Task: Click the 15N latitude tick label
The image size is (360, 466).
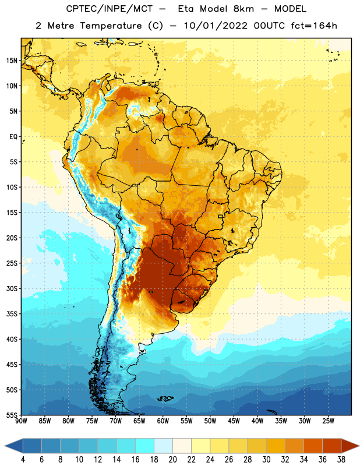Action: tap(12, 61)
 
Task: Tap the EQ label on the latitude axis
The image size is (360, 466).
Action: tap(13, 137)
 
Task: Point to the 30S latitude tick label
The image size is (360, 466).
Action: tap(12, 288)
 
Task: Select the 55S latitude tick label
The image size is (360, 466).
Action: tap(12, 415)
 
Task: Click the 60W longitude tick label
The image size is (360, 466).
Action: tap(163, 421)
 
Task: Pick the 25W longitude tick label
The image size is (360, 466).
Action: tap(328, 421)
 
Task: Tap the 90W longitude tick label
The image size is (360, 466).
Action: tap(21, 421)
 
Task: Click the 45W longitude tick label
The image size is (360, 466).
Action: tap(234, 421)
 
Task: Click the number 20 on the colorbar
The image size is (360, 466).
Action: tap(172, 460)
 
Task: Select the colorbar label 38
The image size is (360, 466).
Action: tap(341, 460)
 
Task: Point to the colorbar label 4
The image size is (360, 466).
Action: tap(23, 460)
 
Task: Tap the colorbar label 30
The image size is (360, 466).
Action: tap(266, 460)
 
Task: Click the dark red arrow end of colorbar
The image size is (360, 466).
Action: tap(350, 446)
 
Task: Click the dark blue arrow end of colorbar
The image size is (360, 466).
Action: tap(14, 446)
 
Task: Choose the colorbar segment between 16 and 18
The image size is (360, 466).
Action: tap(144, 446)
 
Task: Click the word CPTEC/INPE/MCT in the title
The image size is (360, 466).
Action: tap(109, 9)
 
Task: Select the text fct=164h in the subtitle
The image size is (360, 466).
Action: tap(314, 26)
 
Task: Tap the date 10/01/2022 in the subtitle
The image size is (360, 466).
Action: tap(215, 26)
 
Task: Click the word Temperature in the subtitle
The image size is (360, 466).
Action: tap(111, 26)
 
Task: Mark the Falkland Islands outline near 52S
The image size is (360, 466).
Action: tap(165, 398)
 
